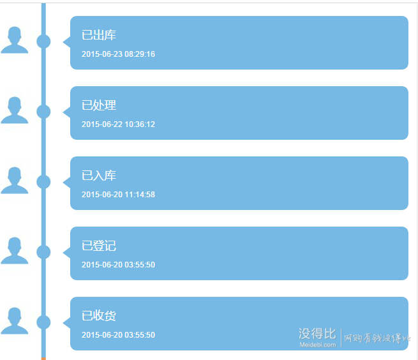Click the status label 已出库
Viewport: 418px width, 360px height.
pos(99,35)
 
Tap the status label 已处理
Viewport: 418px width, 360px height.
pos(99,105)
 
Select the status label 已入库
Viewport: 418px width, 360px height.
pos(99,176)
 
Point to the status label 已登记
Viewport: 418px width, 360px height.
pos(99,246)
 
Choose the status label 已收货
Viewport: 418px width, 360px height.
pos(99,316)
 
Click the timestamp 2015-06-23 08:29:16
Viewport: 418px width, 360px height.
pos(118,54)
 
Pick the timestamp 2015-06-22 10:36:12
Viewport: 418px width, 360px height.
pos(118,124)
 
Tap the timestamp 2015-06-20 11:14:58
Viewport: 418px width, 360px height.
pos(118,195)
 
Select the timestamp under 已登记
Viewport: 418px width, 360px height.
pos(118,264)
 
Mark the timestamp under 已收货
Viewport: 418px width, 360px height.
pos(118,334)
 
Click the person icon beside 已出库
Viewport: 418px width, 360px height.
pos(15,40)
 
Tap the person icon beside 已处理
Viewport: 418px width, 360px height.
pos(15,110)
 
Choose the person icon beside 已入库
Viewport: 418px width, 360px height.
pos(15,180)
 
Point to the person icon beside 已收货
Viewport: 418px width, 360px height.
pos(15,321)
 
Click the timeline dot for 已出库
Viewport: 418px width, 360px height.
pos(43,41)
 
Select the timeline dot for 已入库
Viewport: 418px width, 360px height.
pos(43,182)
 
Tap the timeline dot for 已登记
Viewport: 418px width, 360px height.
pos(43,252)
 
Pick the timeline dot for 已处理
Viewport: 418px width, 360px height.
pos(43,112)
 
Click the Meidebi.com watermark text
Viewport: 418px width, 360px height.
pos(318,345)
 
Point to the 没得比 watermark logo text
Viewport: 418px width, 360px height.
pos(317,333)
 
